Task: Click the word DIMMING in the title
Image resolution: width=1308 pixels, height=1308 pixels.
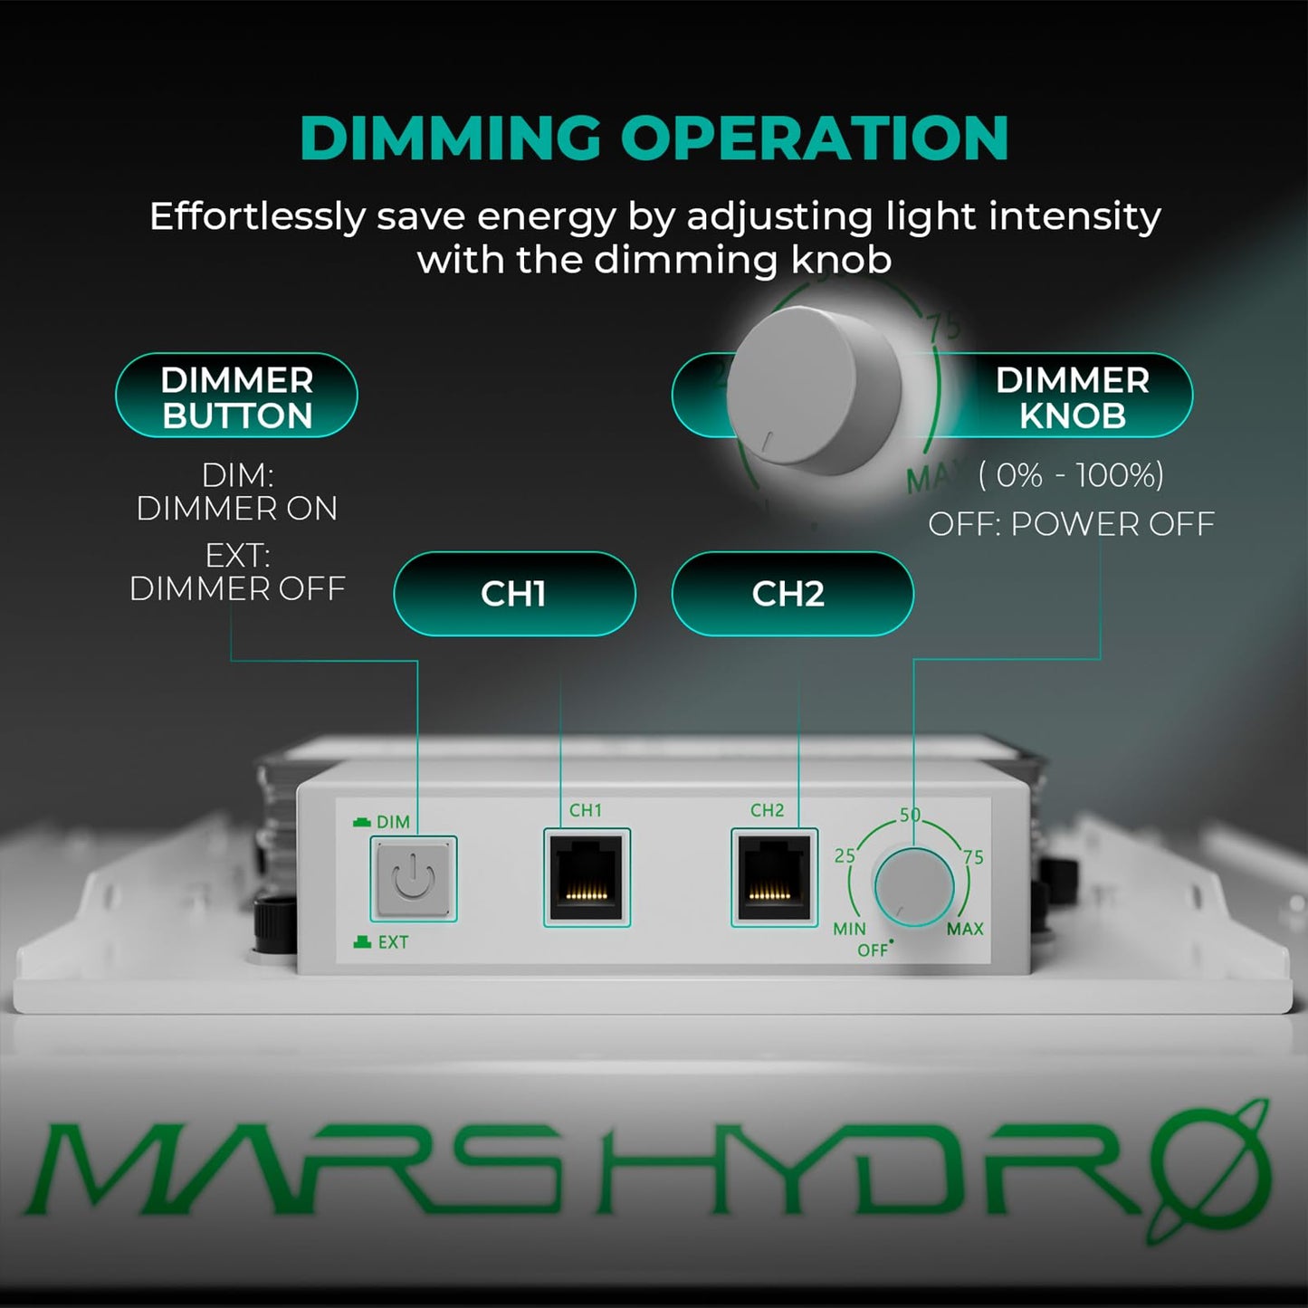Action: tap(450, 138)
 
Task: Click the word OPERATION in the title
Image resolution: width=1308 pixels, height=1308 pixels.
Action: tap(815, 138)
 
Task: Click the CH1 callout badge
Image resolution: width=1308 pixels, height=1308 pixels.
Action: tap(514, 594)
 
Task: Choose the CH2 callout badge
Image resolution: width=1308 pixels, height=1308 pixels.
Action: tap(792, 594)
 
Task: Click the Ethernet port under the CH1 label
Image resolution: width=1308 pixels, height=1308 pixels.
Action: tap(587, 877)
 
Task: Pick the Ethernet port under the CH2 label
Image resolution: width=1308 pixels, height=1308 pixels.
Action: tap(774, 877)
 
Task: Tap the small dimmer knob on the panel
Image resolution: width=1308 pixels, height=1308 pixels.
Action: tap(913, 885)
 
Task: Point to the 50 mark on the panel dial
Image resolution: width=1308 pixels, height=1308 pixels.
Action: tap(910, 815)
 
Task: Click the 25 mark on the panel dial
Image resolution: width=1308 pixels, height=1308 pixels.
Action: tap(845, 855)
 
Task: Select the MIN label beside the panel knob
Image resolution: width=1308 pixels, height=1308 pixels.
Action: tap(849, 929)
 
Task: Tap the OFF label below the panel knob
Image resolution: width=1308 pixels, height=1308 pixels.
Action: tap(873, 950)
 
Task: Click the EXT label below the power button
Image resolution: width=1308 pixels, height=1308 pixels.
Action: tap(392, 942)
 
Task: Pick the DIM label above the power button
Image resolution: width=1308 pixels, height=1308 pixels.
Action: tap(393, 822)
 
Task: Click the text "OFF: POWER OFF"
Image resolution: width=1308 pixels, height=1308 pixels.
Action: tap(1071, 524)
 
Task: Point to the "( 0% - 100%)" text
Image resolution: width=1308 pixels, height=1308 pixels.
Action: tap(1071, 475)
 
